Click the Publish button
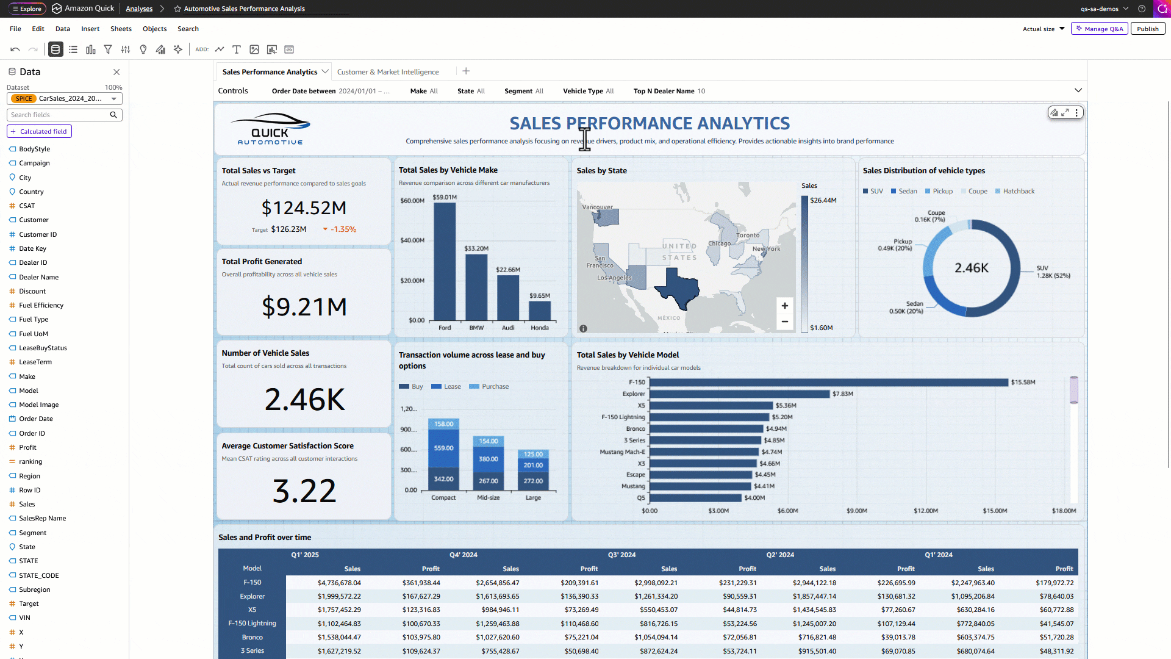(1147, 29)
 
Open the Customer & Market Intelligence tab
(388, 72)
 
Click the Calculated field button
(39, 131)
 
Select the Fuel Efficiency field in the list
(41, 305)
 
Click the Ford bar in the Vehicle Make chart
(445, 261)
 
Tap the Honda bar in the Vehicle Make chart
(540, 311)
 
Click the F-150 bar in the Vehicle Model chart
(829, 383)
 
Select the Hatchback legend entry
(1015, 191)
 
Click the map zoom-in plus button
(785, 306)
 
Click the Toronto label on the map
(748, 235)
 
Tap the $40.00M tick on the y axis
(412, 240)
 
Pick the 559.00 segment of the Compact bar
(443, 448)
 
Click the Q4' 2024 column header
(464, 555)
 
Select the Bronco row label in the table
(252, 637)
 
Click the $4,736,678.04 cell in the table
(339, 583)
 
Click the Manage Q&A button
(1100, 29)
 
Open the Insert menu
(90, 29)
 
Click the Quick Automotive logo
(270, 129)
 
